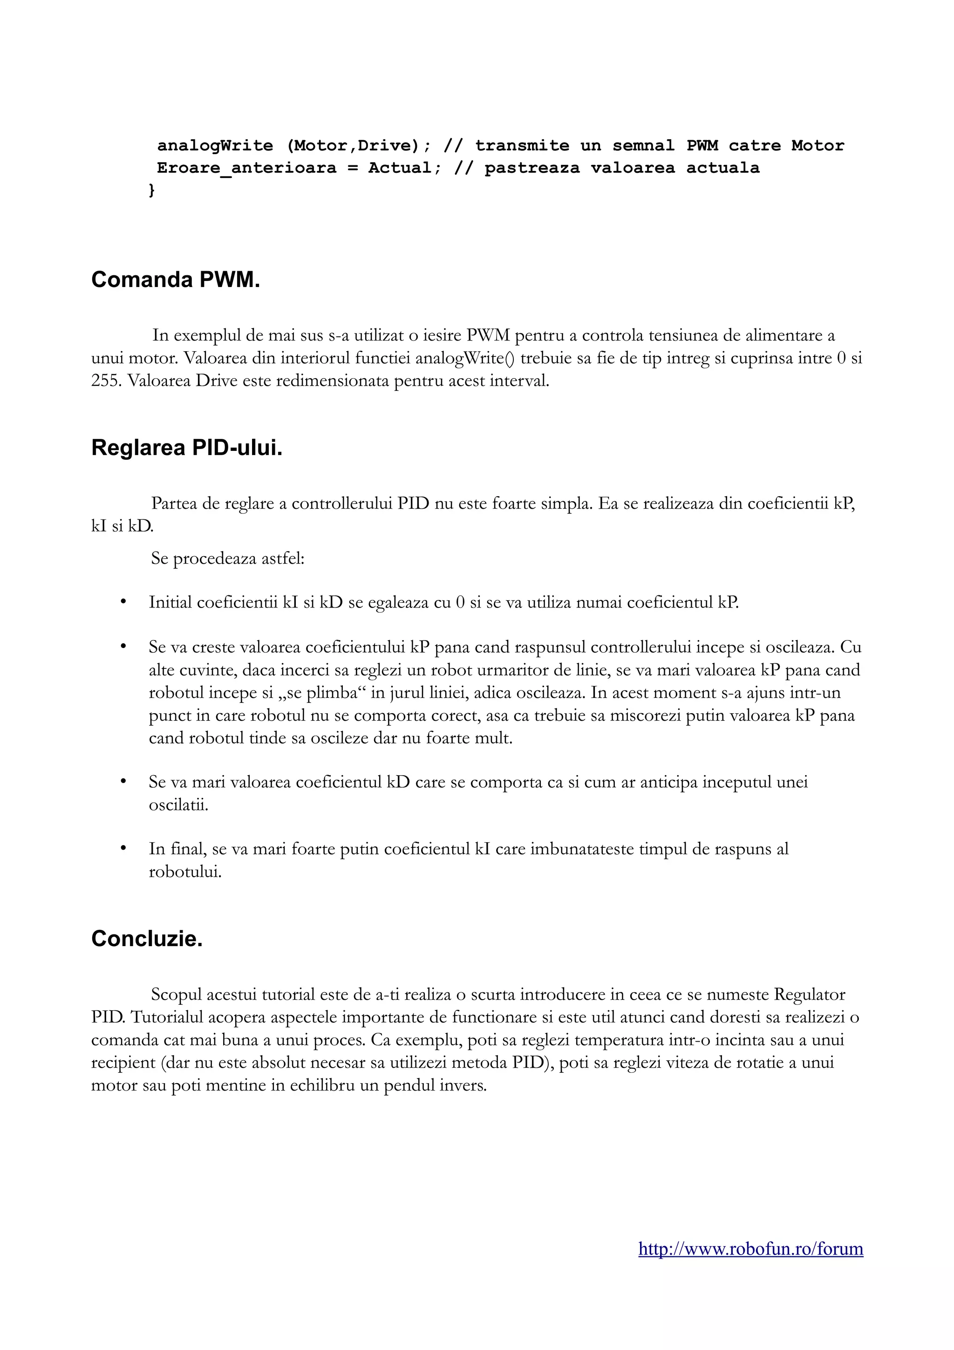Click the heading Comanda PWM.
pos(175,280)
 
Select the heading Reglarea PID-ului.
pos(187,448)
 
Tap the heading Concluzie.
pos(147,939)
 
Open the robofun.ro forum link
pos(750,1248)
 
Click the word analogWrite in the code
pos(215,145)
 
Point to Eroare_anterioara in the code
pos(247,168)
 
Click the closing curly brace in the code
pos(152,190)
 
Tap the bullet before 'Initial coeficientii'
pos(123,602)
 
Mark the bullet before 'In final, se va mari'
pos(123,848)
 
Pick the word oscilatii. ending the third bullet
pos(179,805)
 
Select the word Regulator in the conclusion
pos(810,995)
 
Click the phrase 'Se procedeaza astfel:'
pos(227,558)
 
